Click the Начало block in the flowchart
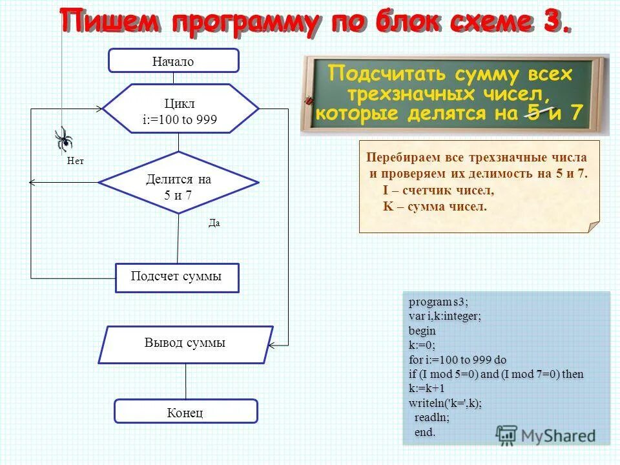click(x=173, y=61)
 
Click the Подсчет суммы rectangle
click(x=176, y=277)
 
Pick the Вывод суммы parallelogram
click(x=185, y=344)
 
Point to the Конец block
click(x=185, y=412)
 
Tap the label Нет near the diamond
click(x=76, y=161)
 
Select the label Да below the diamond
click(x=214, y=223)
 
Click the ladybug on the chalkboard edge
click(x=309, y=100)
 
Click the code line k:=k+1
click(x=426, y=389)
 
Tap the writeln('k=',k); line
click(x=445, y=403)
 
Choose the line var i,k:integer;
click(x=444, y=316)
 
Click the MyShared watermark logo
click(x=546, y=435)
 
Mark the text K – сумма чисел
click(x=435, y=207)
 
